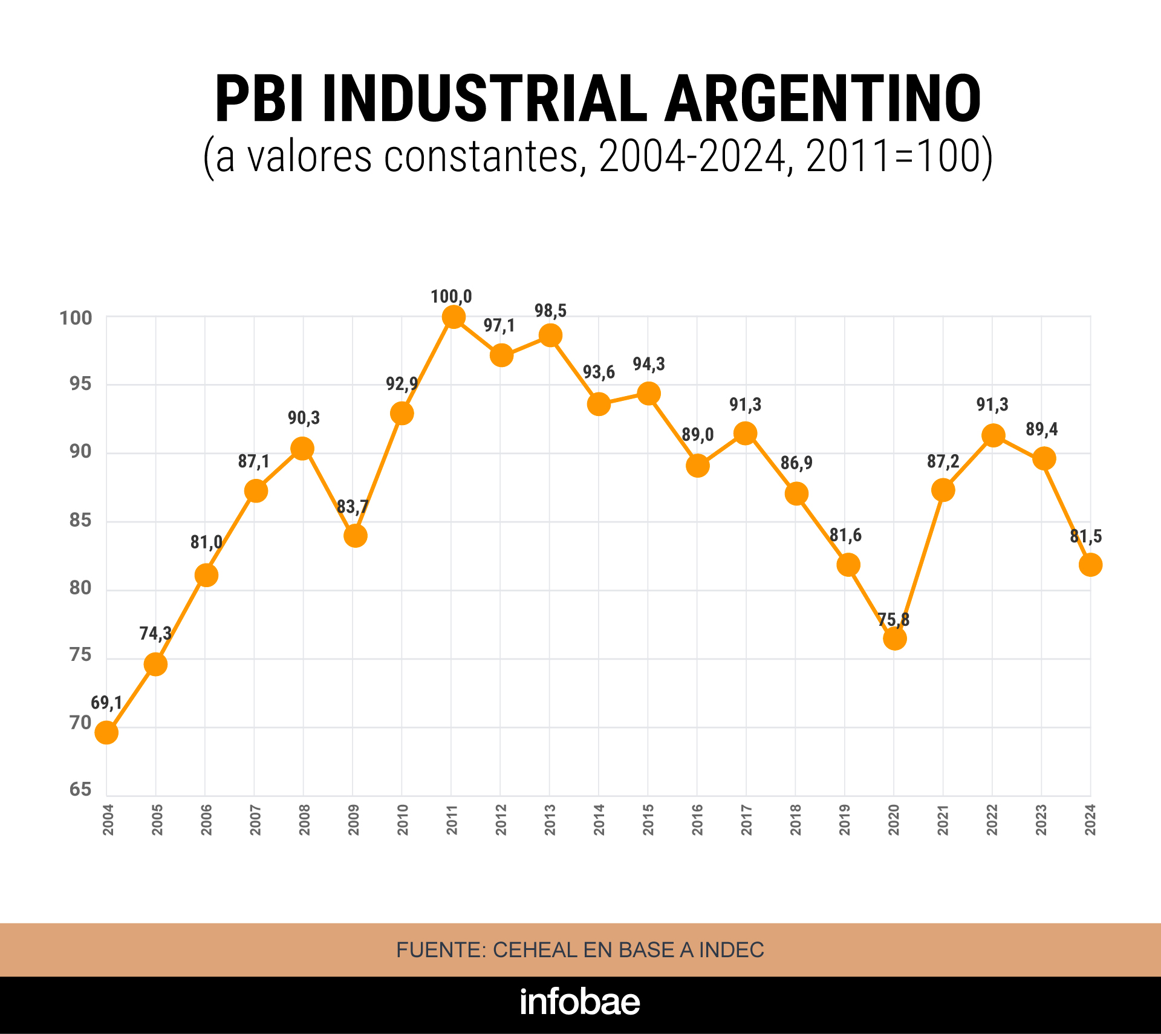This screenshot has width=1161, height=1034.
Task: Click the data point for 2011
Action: (x=454, y=317)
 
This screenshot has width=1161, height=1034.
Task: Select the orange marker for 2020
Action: (x=894, y=638)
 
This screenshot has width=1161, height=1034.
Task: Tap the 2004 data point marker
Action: (x=106, y=733)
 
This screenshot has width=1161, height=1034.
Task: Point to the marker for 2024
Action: (x=1090, y=565)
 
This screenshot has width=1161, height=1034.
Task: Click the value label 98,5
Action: (x=550, y=311)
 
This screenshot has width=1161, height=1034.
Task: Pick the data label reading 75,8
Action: (x=893, y=620)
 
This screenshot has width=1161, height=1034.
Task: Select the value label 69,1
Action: (x=106, y=703)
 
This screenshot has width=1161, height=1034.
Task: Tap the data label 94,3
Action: (x=649, y=364)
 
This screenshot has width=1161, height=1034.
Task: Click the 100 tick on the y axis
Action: (x=76, y=318)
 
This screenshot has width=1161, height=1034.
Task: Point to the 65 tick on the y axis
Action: (x=80, y=789)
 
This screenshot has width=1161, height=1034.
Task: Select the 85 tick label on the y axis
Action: (x=80, y=520)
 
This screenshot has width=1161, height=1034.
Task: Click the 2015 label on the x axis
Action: (x=648, y=820)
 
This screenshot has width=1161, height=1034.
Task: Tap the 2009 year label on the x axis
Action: (x=354, y=820)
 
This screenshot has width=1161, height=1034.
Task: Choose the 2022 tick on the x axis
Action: (x=992, y=820)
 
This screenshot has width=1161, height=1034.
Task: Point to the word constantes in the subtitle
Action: (x=481, y=157)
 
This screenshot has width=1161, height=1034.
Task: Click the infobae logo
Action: (x=580, y=1002)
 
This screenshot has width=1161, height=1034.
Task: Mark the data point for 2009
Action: (x=356, y=536)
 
